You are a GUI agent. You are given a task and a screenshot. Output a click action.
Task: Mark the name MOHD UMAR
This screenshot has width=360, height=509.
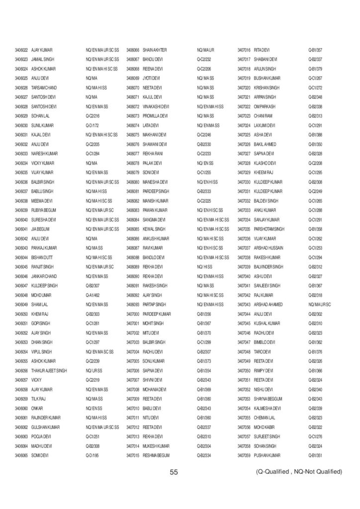click(x=42, y=295)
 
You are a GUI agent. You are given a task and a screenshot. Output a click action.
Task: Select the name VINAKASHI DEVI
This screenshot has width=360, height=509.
click(x=157, y=106)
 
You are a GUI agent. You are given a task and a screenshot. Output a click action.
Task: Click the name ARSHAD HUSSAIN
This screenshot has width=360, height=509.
click(x=269, y=248)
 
